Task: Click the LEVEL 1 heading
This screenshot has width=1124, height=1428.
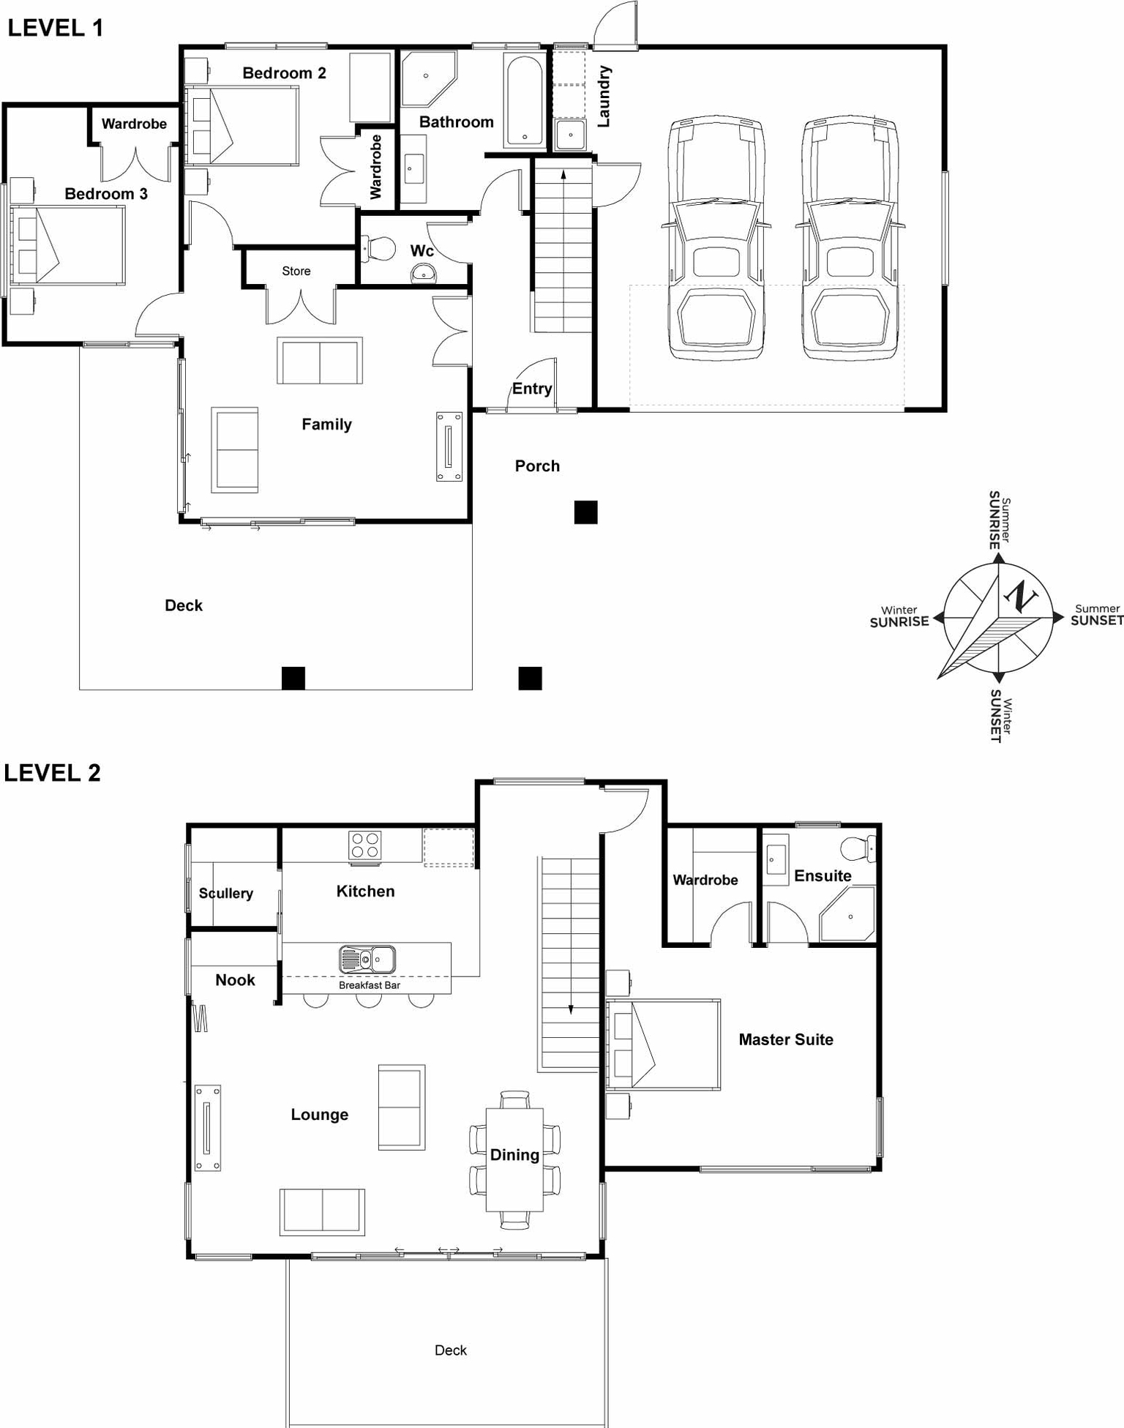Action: (x=55, y=28)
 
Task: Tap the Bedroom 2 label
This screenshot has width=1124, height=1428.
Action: (x=284, y=73)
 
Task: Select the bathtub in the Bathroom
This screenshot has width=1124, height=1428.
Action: (x=524, y=101)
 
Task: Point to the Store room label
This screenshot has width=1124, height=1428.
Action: (x=296, y=271)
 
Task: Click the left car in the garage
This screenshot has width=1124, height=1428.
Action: (x=716, y=238)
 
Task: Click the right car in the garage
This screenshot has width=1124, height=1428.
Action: (x=849, y=238)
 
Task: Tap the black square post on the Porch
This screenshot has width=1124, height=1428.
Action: (x=585, y=512)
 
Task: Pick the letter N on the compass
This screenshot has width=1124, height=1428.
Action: (x=1020, y=597)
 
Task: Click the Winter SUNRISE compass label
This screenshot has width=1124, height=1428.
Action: (x=899, y=616)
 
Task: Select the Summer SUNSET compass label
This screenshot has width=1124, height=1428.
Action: (x=1096, y=615)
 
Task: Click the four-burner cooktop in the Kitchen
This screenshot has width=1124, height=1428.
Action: (x=364, y=845)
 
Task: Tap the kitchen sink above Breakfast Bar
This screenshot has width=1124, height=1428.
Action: (x=367, y=959)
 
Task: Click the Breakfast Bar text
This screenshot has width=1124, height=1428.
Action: (x=370, y=985)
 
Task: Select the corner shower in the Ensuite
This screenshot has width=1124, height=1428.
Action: (x=849, y=914)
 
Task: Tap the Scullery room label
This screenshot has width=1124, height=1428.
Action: (x=225, y=893)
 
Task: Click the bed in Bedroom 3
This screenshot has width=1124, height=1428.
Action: (x=67, y=245)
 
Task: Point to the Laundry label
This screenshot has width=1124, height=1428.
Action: (x=604, y=96)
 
